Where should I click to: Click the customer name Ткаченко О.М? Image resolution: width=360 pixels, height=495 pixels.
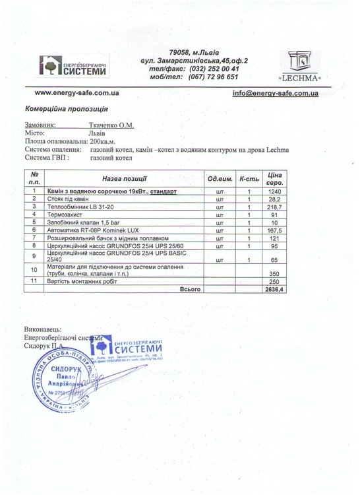pos(113,123)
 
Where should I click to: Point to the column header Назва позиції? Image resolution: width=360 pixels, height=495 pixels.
pos(124,179)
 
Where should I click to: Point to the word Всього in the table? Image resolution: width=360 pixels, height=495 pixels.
pos(189,288)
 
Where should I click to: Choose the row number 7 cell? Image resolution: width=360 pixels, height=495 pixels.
pos(34,238)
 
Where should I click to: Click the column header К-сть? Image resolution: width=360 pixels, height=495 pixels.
pos(249,179)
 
